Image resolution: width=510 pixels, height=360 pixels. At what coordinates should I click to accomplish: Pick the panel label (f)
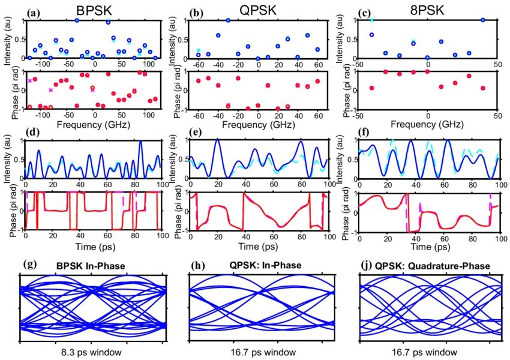coord(363,131)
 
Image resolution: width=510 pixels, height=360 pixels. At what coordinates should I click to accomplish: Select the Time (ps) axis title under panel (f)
coord(427,247)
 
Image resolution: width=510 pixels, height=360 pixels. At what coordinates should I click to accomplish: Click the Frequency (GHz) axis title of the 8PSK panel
coord(427,126)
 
